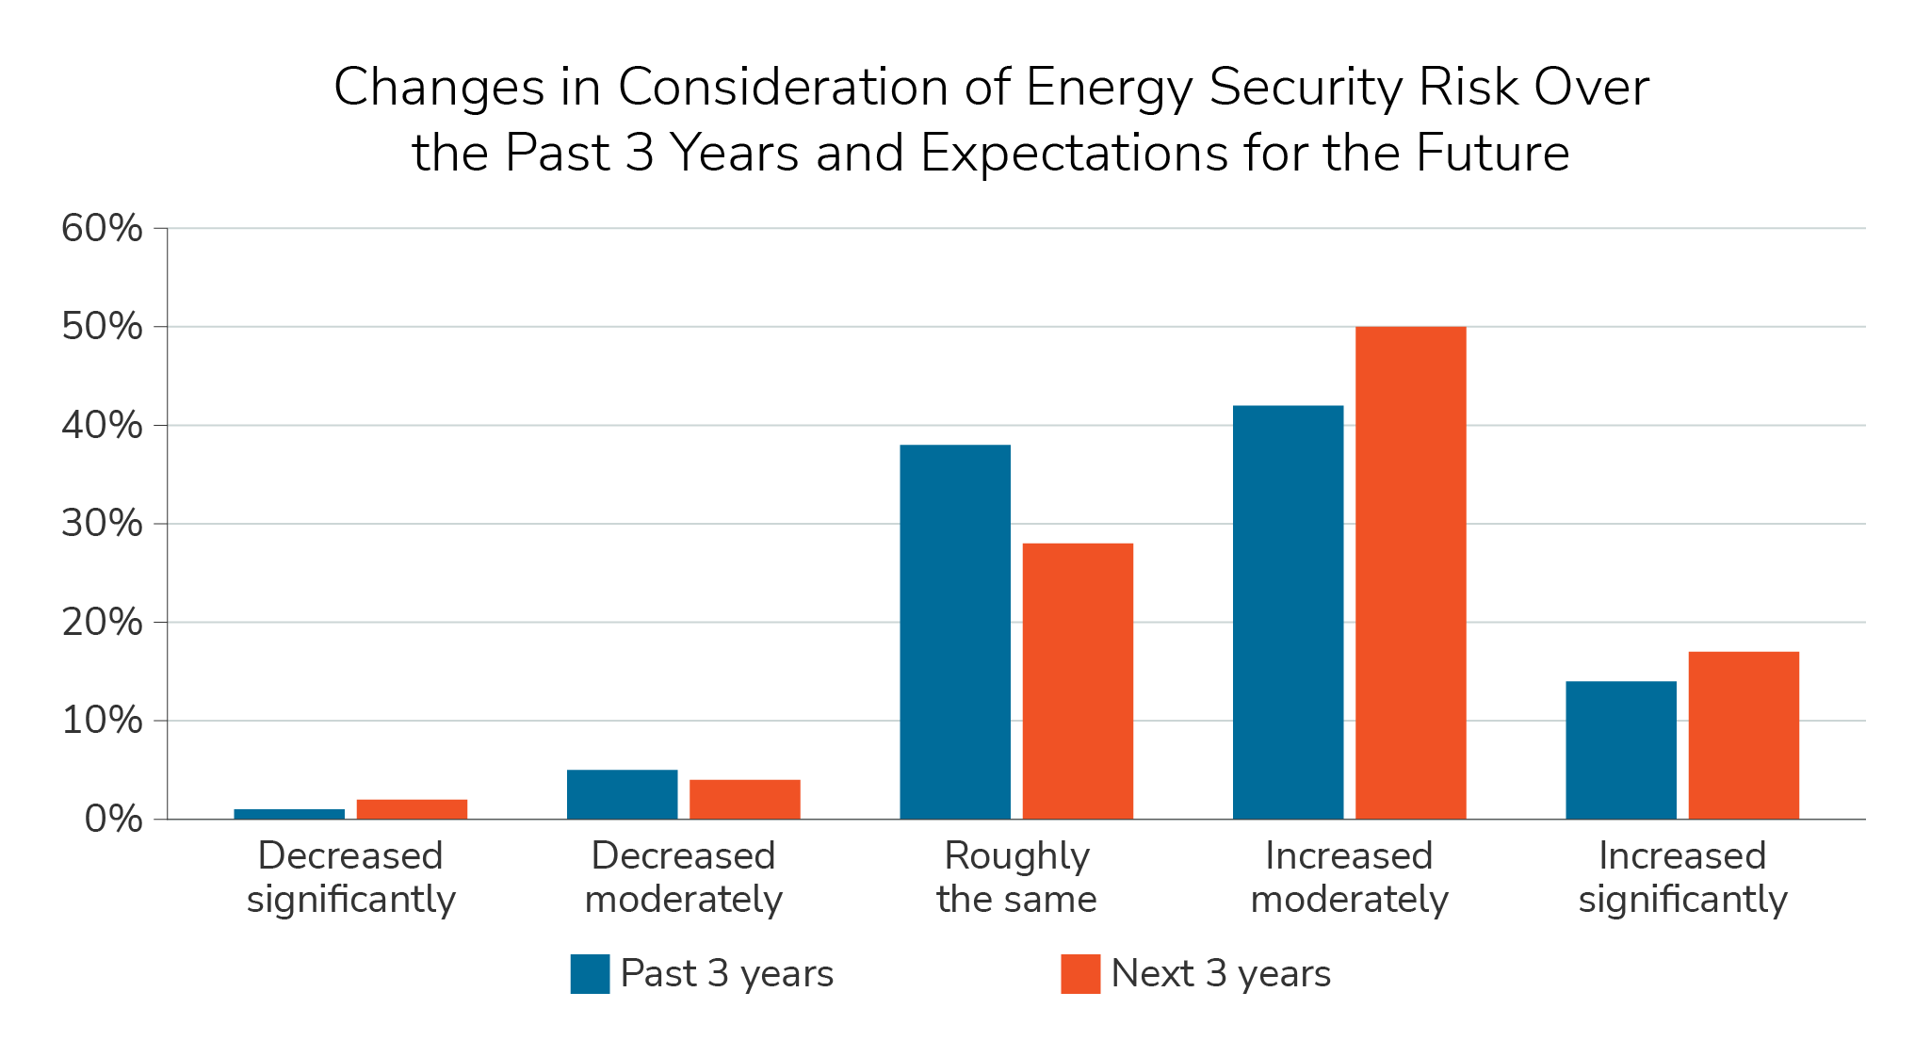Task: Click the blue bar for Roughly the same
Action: coord(954,631)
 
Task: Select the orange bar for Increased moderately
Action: coord(1410,573)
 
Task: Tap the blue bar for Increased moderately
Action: coord(1288,612)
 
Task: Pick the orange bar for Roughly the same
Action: coord(1078,680)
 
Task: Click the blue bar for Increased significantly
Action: coord(1620,750)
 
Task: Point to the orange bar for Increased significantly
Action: coord(1743,735)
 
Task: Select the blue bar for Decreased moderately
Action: coord(622,794)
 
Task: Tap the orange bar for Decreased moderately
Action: coord(744,799)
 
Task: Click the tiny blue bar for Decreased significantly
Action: coord(289,814)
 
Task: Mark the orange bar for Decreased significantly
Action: coord(412,809)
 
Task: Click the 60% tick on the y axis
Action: coord(102,228)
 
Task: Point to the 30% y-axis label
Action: coord(102,524)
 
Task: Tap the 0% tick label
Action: coord(113,819)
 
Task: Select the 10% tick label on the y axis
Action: coord(102,721)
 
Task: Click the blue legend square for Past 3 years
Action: coord(590,974)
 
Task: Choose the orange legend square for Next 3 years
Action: coord(1079,974)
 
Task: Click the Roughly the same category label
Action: coord(1016,877)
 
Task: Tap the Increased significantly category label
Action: coord(1682,877)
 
